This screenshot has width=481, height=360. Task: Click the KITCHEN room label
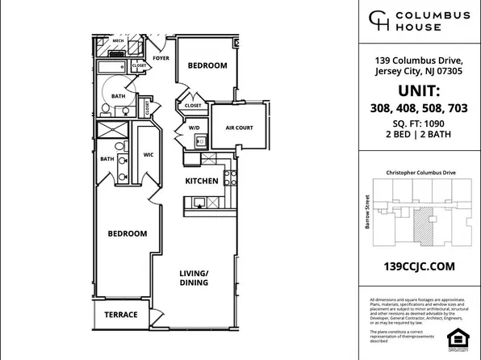[201, 182]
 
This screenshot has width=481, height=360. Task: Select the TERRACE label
[120, 314]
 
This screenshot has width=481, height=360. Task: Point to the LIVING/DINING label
[194, 278]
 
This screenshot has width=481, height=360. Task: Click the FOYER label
[162, 57]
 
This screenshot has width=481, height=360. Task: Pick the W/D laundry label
[194, 127]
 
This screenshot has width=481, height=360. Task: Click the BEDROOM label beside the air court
[207, 65]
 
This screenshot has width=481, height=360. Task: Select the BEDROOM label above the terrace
[128, 233]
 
